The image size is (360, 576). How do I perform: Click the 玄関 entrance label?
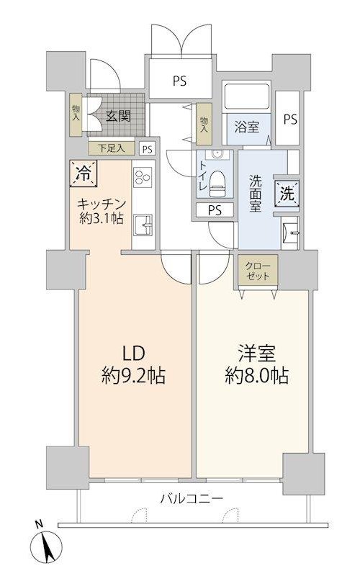point(118,117)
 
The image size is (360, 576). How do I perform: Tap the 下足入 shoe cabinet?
point(112,148)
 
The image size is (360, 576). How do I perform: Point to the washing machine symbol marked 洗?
point(287,194)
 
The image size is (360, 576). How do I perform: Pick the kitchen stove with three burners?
point(143,177)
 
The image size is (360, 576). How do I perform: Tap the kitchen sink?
point(143,225)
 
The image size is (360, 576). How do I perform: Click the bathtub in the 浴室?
point(247,96)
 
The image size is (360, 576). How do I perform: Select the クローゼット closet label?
point(258,271)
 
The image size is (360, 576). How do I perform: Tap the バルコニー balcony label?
point(192,498)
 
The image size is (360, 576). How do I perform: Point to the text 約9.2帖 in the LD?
point(133,376)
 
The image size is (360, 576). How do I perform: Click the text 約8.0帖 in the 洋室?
point(256,376)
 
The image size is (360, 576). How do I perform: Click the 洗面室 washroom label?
point(256,193)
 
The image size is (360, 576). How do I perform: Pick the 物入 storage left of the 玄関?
point(76,114)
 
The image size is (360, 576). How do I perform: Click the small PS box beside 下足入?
point(148,149)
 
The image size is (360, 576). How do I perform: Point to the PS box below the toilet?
point(215,210)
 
